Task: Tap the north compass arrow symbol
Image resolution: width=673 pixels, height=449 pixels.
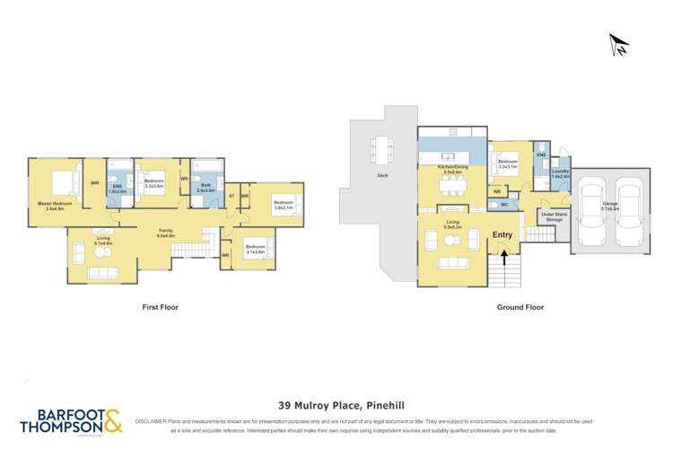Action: tap(618, 43)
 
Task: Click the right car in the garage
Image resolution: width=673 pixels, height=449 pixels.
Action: tap(628, 210)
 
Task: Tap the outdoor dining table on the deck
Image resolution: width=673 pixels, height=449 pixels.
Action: tap(382, 147)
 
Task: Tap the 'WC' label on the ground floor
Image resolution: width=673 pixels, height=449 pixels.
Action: tap(505, 205)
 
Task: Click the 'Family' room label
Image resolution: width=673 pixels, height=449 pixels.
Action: tap(166, 232)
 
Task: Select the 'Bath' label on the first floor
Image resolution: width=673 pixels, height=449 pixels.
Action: tap(205, 188)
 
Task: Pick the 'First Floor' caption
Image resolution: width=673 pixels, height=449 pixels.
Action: tap(161, 307)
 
